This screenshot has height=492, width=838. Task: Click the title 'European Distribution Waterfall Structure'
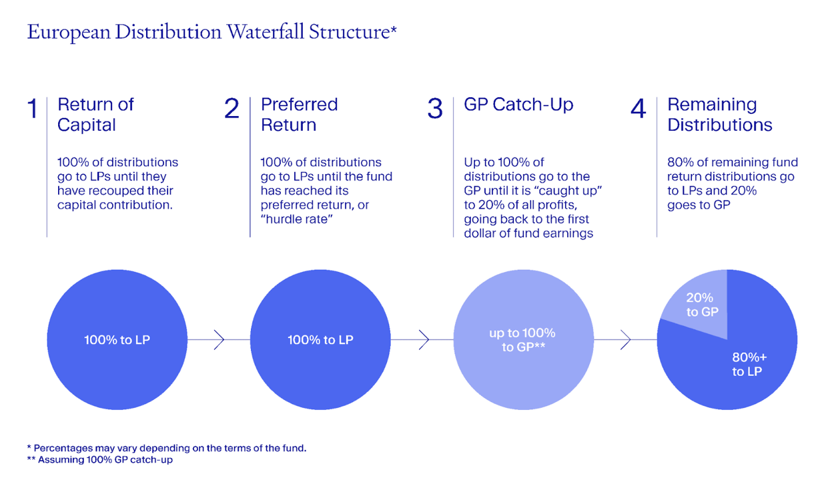212,32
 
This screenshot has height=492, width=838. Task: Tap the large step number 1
33,109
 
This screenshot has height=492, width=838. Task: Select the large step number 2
232,109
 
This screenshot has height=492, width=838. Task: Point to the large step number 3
435,109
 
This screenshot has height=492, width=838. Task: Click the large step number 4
639,109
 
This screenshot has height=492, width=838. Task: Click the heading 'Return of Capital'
95,115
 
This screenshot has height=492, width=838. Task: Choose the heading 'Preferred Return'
299,115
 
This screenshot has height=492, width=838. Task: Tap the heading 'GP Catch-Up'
518,105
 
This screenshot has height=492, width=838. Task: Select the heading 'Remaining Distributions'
719,115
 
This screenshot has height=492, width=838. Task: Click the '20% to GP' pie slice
700,305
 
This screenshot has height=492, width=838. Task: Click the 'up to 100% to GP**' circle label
522,340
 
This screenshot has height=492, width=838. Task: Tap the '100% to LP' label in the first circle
117,340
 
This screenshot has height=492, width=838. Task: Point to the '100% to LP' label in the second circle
320,340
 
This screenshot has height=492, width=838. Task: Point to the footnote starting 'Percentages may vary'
167,448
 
